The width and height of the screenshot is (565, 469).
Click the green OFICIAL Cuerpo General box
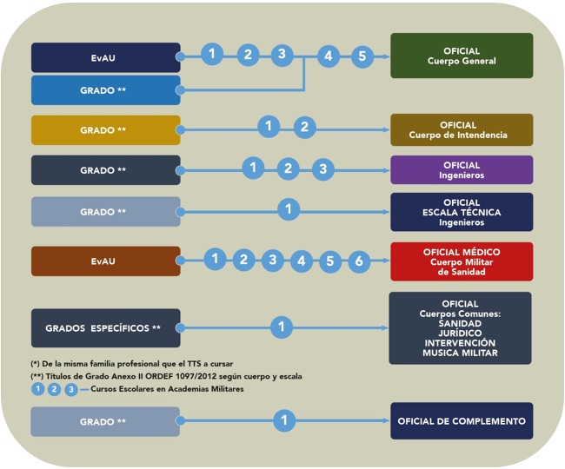pyautogui.click(x=462, y=56)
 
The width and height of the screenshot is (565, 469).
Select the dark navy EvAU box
pyautogui.click(x=105, y=57)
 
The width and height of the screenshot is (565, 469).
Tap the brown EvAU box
pyautogui.click(x=105, y=260)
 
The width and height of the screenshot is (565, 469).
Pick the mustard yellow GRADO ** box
pyautogui.click(x=105, y=130)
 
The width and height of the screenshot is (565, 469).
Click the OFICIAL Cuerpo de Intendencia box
pyautogui.click(x=462, y=130)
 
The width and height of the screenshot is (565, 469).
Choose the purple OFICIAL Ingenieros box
pyautogui.click(x=462, y=169)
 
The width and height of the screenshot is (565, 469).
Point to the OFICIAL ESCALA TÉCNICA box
pyautogui.click(x=462, y=212)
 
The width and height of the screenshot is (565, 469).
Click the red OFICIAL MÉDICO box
pyautogui.click(x=462, y=261)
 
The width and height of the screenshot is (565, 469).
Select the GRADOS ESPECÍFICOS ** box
pyautogui.click(x=105, y=328)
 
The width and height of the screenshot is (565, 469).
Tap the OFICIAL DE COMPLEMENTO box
pyautogui.click(x=462, y=421)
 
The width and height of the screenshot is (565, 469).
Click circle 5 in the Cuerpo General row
pyautogui.click(x=362, y=56)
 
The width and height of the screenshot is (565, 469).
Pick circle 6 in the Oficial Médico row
pyautogui.click(x=358, y=261)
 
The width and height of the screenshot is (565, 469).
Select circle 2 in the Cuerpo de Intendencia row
pyautogui.click(x=302, y=127)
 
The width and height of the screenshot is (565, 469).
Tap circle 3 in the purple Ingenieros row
pyautogui.click(x=322, y=168)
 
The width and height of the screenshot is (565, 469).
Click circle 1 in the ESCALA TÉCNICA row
pyautogui.click(x=288, y=208)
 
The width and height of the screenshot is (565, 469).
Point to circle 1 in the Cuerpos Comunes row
pyautogui.click(x=281, y=327)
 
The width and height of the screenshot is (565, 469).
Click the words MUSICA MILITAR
pyautogui.click(x=462, y=353)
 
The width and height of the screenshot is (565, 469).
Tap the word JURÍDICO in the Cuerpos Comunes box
pyautogui.click(x=462, y=333)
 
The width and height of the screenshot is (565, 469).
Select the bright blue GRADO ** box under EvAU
pyautogui.click(x=105, y=90)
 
